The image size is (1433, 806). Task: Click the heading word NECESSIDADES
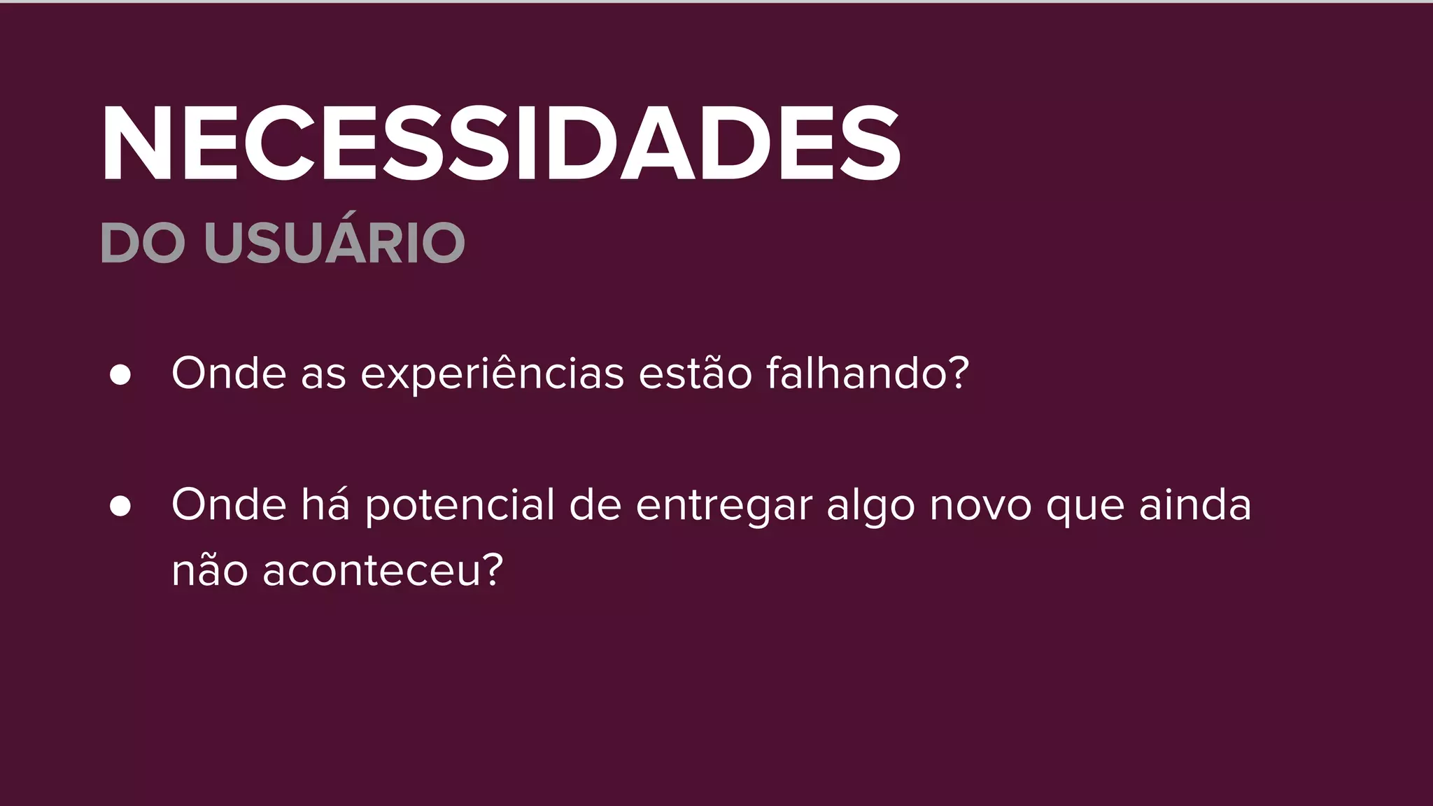point(501,144)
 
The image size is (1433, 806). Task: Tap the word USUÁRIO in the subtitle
point(334,243)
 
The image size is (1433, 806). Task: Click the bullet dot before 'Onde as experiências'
point(120,374)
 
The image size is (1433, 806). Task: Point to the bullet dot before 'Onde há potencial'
point(120,506)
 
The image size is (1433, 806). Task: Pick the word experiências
point(492,374)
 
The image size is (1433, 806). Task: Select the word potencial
point(460,506)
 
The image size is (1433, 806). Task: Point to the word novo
point(980,506)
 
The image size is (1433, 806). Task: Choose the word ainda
point(1195,504)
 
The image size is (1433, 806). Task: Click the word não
point(210,570)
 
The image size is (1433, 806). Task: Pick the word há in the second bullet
point(325,504)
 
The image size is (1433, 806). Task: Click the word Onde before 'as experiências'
point(229,373)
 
